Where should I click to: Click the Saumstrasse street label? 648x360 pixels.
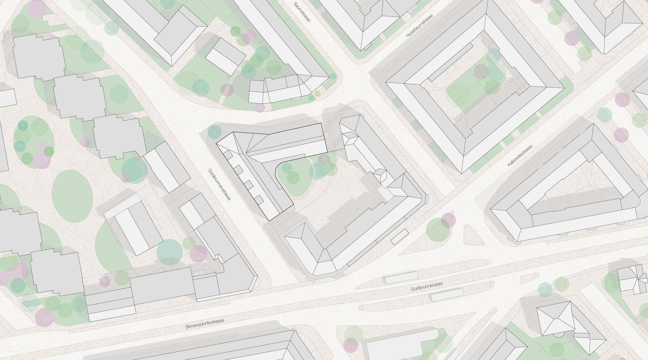(x=302, y=12)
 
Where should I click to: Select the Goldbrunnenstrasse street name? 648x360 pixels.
(x=219, y=185)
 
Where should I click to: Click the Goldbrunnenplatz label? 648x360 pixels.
(x=426, y=286)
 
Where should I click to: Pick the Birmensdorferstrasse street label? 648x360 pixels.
(x=205, y=324)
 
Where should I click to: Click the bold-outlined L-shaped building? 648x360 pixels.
(x=266, y=162)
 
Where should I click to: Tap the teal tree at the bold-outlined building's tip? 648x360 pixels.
(x=214, y=131)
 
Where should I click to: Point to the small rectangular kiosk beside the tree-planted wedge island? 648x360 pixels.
(x=399, y=237)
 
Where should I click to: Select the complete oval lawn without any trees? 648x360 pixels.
(x=72, y=192)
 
